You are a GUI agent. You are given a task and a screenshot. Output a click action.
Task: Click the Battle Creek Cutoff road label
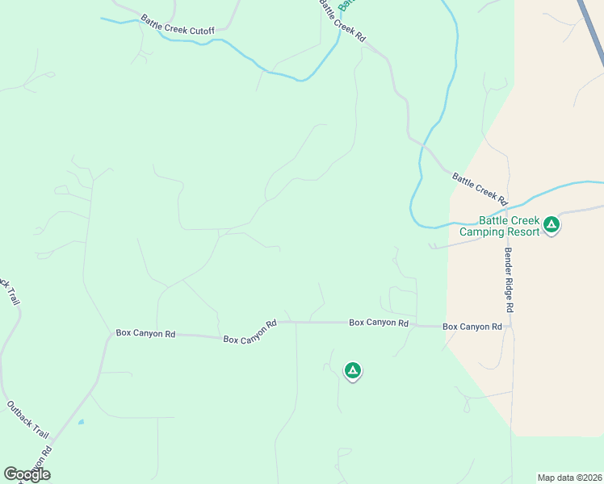coord(177,24)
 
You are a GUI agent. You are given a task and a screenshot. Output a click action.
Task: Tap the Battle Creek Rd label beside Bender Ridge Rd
coord(479,189)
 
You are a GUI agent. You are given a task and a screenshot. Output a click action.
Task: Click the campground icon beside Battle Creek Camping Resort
coord(552,224)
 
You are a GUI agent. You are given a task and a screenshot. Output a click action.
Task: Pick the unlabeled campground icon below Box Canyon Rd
coord(352,370)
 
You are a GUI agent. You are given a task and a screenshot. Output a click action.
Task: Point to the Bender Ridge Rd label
coord(510,279)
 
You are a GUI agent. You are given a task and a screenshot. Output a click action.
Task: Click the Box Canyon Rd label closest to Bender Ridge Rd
coord(472,327)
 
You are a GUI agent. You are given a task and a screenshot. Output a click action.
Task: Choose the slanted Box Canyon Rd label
coord(250,331)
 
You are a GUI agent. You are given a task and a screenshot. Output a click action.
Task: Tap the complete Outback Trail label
coord(27,419)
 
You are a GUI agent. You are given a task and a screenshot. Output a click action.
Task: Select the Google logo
coord(27,474)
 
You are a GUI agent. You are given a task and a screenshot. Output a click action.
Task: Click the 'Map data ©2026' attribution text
coord(569,478)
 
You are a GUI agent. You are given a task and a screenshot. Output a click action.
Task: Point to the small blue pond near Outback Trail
coord(81,421)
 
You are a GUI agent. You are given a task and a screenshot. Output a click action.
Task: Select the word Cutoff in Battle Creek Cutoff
coord(200,30)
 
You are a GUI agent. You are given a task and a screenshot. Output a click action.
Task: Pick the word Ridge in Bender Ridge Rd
coord(510,278)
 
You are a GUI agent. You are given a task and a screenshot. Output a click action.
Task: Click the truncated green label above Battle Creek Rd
coord(346,5)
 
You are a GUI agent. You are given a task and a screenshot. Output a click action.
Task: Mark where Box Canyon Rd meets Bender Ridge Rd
coord(510,327)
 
